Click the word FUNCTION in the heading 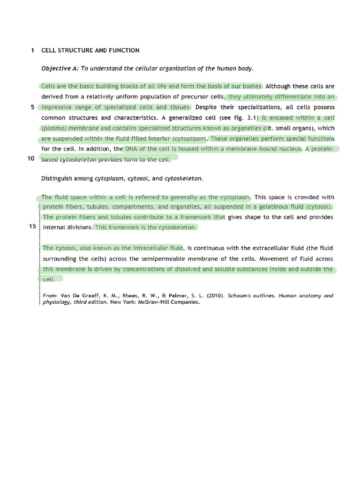coord(124,50)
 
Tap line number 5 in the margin coord(33,107)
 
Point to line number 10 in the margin coord(31,158)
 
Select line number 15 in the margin coord(32,226)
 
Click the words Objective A coord(60,68)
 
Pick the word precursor coord(194,97)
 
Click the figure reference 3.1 coord(251,118)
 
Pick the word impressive coord(59,107)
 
